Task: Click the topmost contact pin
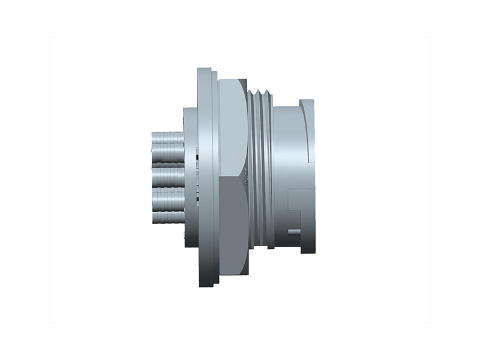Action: click(168, 137)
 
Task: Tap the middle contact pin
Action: click(167, 177)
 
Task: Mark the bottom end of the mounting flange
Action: click(205, 282)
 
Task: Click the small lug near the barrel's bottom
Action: click(294, 232)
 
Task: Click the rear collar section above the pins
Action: click(190, 123)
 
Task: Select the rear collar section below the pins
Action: click(190, 234)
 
